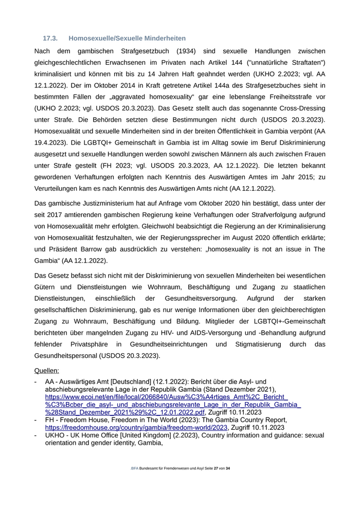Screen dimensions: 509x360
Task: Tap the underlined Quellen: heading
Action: click(x=46, y=370)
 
